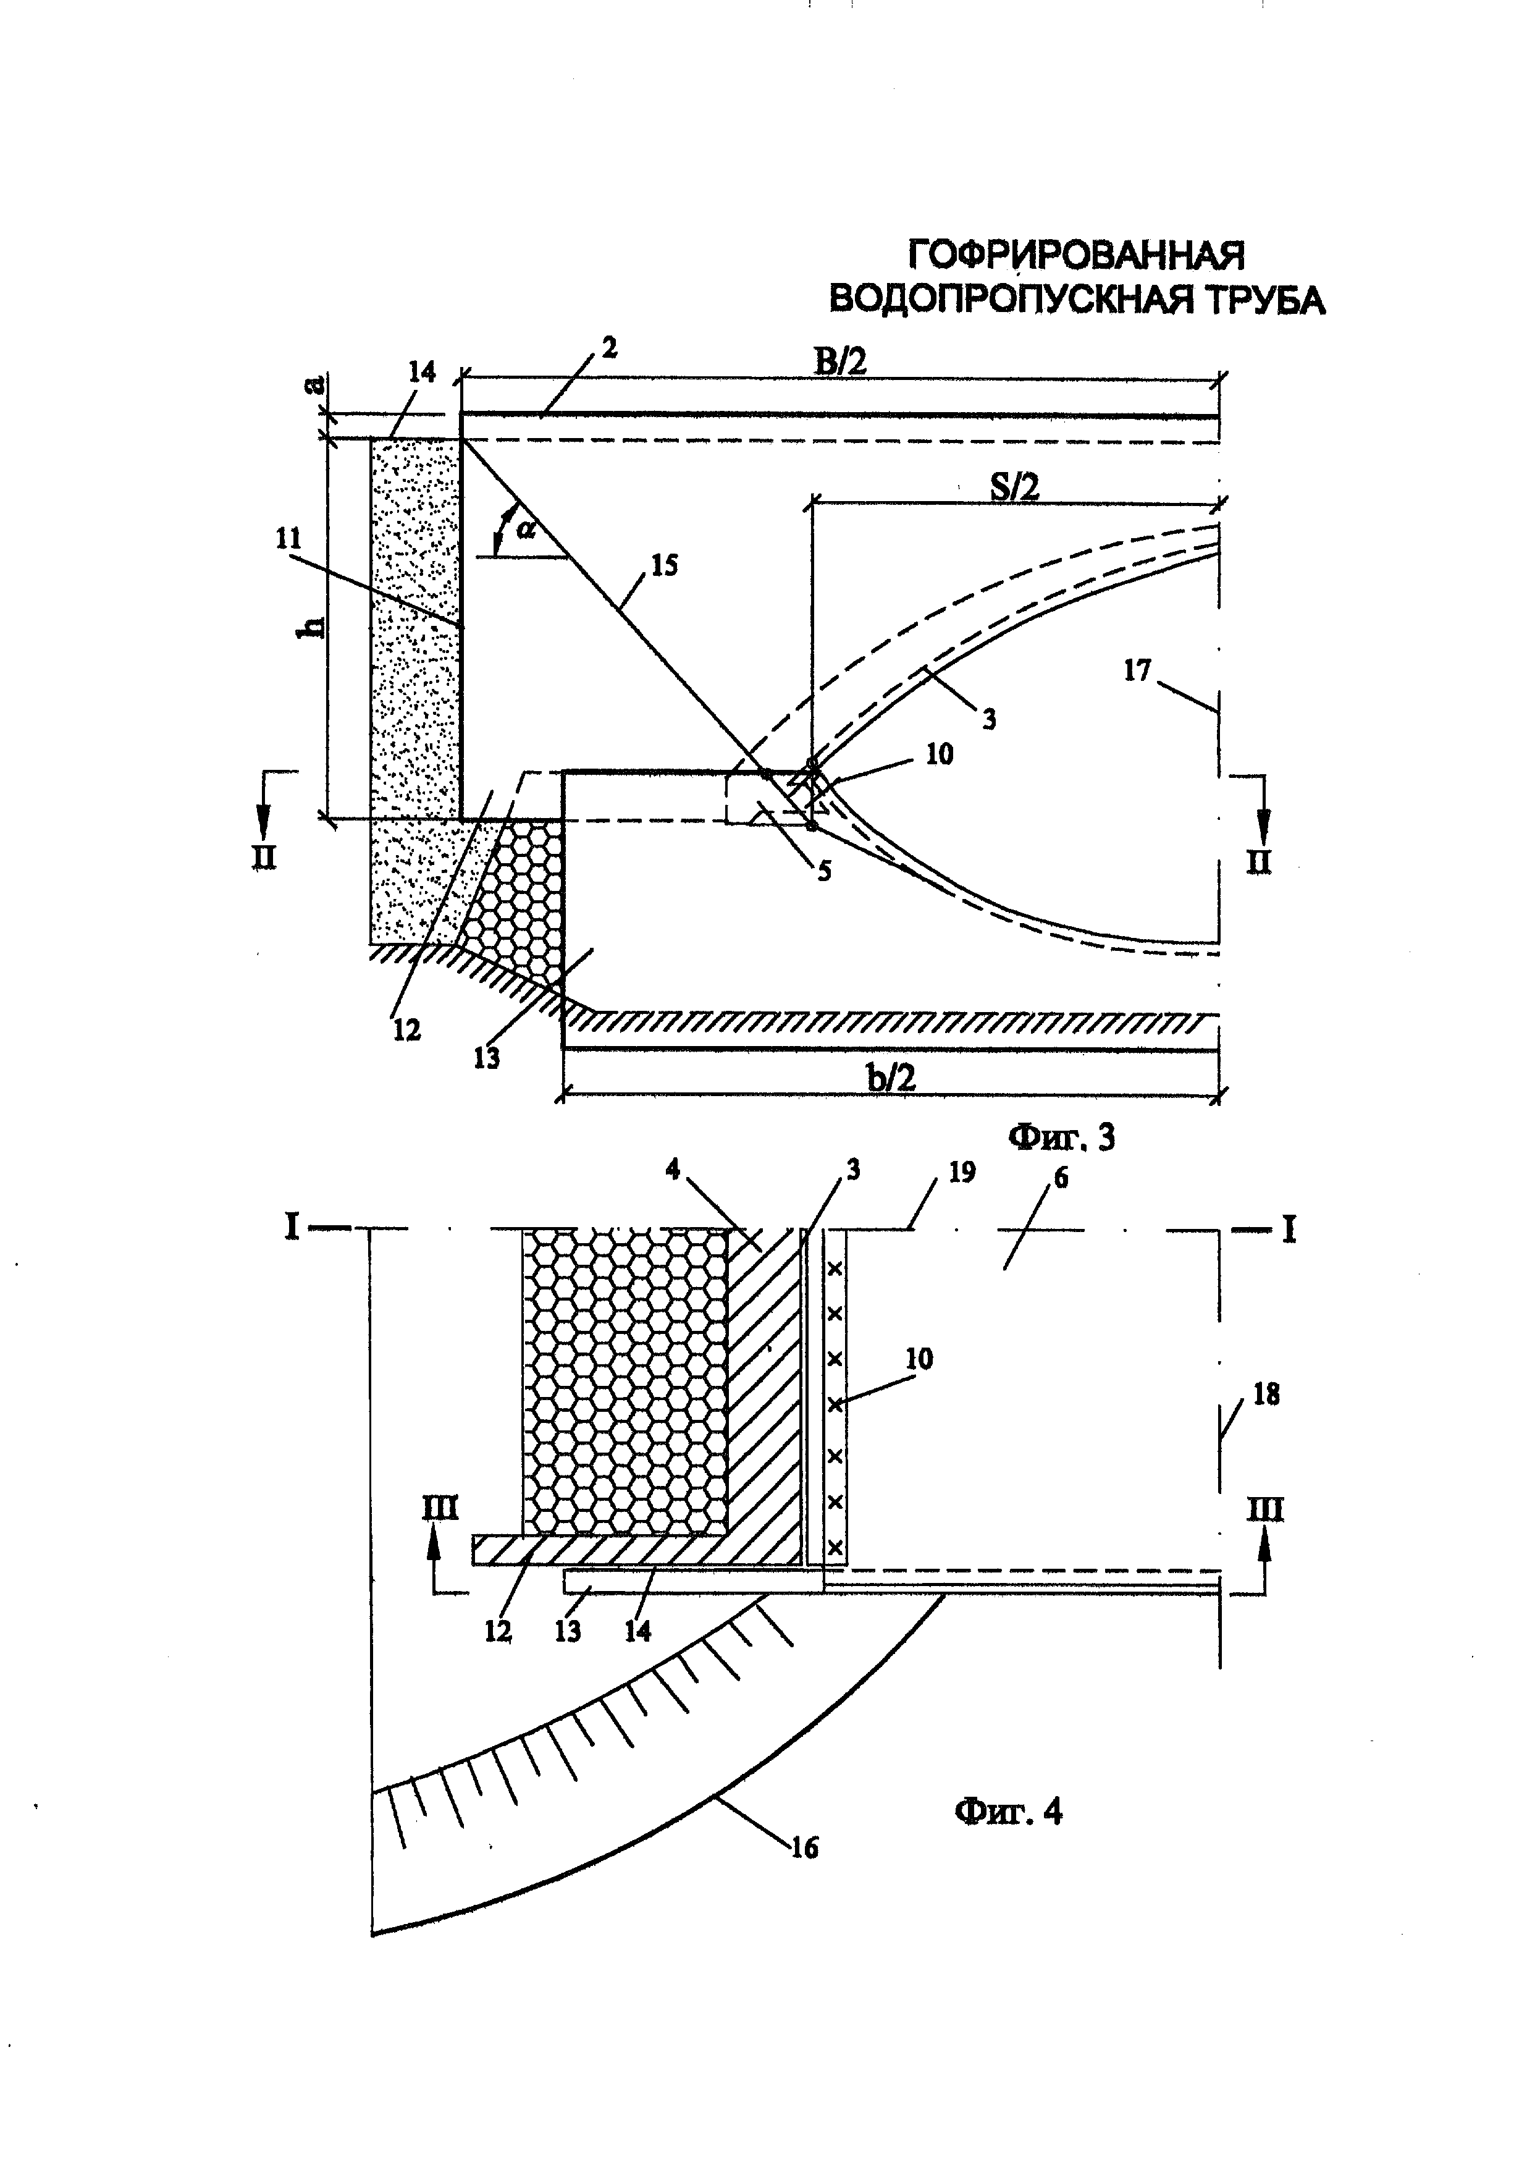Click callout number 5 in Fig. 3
pyautogui.click(x=824, y=871)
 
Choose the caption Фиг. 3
pyautogui.click(x=1061, y=1138)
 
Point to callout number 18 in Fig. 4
pyautogui.click(x=1267, y=1395)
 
